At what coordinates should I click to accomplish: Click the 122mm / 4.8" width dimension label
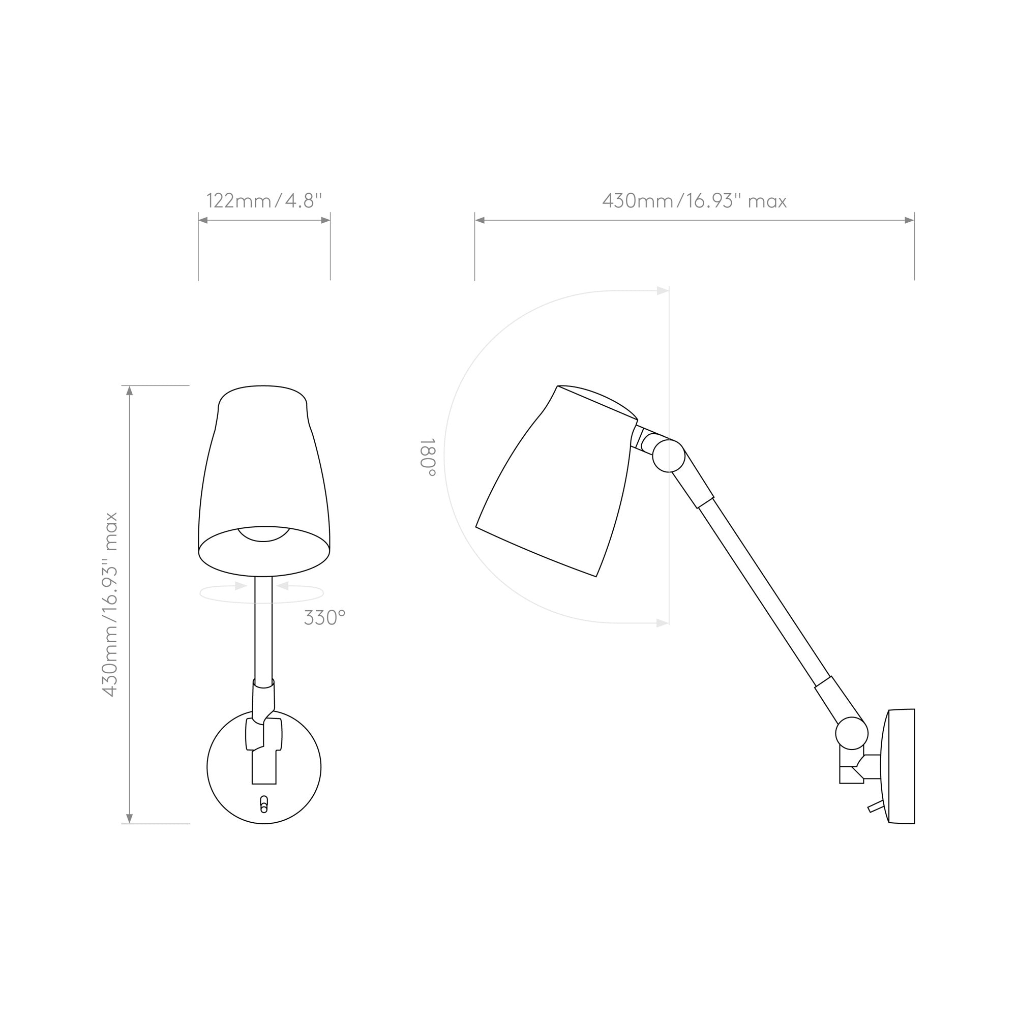coord(264,200)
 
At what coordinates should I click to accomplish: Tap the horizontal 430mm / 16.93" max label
coord(694,200)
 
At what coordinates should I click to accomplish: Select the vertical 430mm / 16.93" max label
coord(110,604)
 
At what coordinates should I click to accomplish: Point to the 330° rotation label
coord(324,617)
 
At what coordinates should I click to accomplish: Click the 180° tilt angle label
coord(428,457)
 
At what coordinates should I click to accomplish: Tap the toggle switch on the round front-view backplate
coord(264,805)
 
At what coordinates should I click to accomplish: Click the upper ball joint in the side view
coord(669,456)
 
